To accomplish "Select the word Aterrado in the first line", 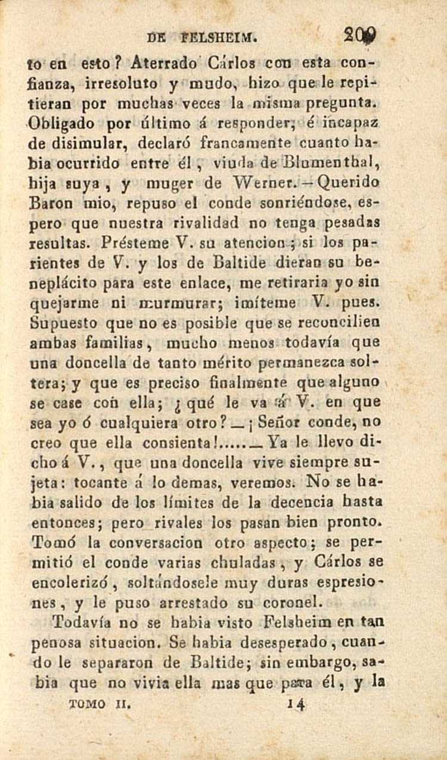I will coord(162,61).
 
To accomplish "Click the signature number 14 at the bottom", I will coord(296,703).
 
